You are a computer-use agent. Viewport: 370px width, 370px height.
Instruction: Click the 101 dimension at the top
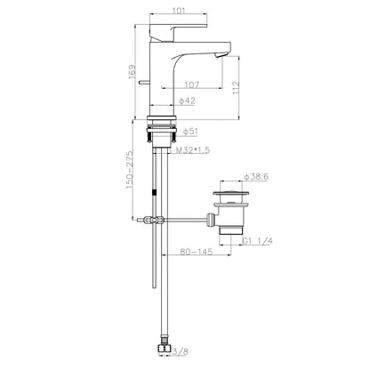coord(179,11)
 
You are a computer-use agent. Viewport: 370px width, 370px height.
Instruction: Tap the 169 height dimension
coord(132,72)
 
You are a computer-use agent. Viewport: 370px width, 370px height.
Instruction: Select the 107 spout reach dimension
coord(192,84)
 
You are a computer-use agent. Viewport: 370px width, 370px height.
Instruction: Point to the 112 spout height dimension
coord(236,87)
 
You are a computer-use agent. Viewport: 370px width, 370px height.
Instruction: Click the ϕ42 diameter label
coord(187,101)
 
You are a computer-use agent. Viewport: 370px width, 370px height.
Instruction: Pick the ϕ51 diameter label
coord(190,132)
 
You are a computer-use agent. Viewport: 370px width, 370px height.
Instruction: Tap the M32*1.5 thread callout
coord(193,150)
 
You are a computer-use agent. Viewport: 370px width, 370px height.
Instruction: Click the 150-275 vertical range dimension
coord(130,170)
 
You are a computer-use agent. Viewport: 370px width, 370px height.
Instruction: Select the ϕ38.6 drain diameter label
coord(256,177)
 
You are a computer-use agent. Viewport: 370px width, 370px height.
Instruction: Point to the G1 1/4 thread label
coord(257,241)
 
